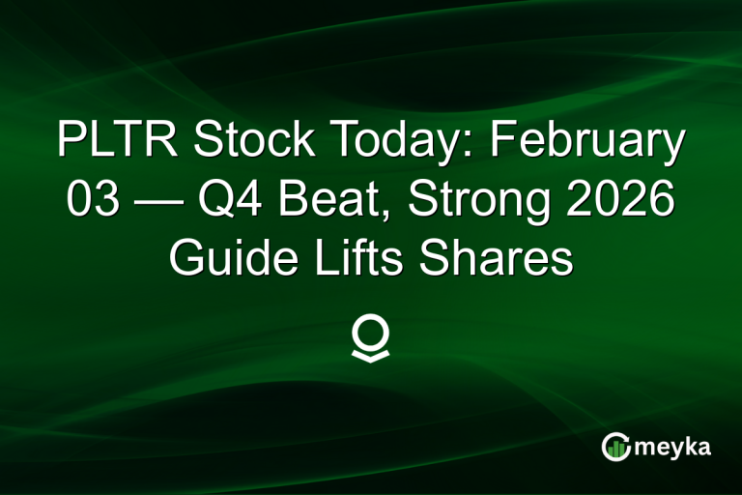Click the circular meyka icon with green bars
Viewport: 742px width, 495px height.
[x=616, y=447]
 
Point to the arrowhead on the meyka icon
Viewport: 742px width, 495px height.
[x=626, y=438]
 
